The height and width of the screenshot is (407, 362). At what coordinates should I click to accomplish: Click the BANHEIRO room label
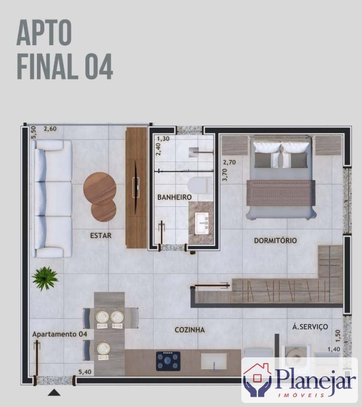tap(174, 197)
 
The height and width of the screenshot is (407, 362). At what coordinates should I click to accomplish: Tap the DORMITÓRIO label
tap(275, 241)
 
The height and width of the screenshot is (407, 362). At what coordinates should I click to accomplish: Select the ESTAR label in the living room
tap(101, 235)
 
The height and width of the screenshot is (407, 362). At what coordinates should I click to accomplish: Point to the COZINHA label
tap(190, 330)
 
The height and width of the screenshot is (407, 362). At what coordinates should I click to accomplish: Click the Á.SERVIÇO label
tap(310, 326)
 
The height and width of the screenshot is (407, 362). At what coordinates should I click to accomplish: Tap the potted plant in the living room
tap(45, 278)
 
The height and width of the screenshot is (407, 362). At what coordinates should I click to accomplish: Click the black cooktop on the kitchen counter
tap(168, 361)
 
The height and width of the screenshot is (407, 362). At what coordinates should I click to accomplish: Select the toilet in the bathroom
tap(200, 186)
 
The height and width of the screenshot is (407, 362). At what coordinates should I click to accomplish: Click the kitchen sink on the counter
tap(214, 361)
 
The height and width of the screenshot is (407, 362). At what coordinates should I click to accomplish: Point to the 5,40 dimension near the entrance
tap(85, 372)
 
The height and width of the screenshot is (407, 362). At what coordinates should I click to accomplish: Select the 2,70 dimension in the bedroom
tap(230, 162)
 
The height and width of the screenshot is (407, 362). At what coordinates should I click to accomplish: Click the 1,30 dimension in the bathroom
tap(163, 139)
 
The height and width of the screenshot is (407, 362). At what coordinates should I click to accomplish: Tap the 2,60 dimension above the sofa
tap(50, 129)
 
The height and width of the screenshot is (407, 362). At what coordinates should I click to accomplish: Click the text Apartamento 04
tap(60, 334)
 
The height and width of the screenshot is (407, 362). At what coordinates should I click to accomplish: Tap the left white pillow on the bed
tap(267, 147)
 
